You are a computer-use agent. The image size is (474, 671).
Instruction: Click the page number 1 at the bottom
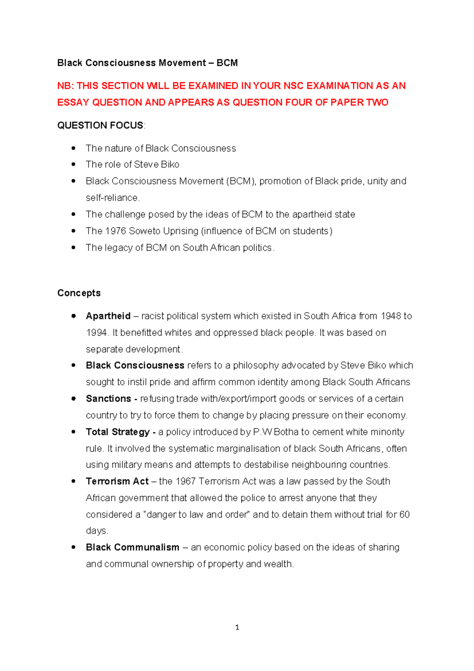pos(237,627)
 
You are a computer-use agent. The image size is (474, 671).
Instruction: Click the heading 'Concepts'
pos(79,293)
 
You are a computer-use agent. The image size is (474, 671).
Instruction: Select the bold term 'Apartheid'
pos(108,316)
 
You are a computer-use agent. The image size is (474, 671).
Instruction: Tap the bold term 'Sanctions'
pos(108,399)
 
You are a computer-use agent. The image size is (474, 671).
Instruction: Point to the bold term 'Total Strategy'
pos(118,432)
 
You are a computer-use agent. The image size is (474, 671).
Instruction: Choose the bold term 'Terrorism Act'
pos(117,481)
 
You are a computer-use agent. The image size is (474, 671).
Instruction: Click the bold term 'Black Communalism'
pos(132,548)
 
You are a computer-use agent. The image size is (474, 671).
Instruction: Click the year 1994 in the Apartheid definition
pos(96,333)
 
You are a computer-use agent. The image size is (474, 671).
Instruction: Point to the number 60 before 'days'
pos(404,515)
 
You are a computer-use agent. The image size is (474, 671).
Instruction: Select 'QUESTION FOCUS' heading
pos(100,125)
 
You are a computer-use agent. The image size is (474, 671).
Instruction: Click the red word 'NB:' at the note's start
pos(66,86)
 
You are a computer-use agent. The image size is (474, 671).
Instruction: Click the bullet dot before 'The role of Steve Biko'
pos(73,164)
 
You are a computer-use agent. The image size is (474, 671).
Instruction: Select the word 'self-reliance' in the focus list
pos(112,198)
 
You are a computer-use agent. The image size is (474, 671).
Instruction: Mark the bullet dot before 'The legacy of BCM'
pos(73,248)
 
